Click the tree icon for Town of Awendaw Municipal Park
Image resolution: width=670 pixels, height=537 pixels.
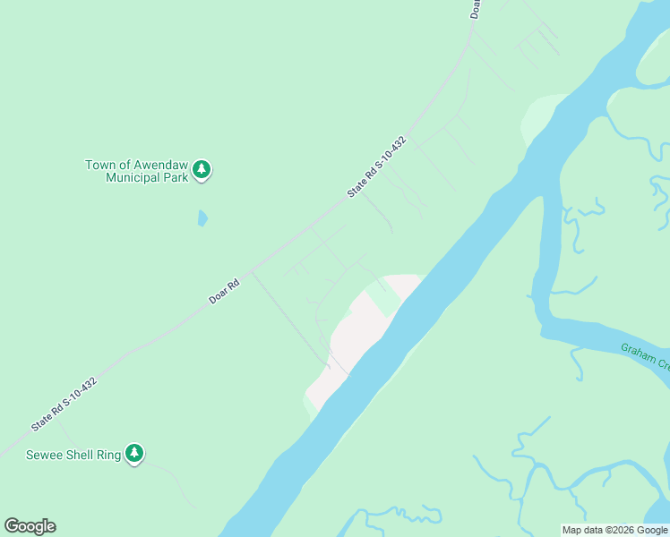pos(202,169)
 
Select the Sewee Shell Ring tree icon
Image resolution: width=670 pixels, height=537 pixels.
pos(134,454)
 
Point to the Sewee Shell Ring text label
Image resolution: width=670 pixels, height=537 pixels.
pos(61,455)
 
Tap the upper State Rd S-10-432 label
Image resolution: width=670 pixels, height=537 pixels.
pos(377,167)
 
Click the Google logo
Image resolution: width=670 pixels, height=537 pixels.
pos(30,526)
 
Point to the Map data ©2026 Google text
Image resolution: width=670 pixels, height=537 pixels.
pos(614,530)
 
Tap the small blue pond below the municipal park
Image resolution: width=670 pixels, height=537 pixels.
pos(202,217)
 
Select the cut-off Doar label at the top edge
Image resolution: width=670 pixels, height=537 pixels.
pos(476,8)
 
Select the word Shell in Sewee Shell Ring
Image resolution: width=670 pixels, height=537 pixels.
pos(77,455)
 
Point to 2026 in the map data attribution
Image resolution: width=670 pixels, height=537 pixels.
pos(619,530)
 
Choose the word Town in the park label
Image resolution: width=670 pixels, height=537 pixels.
pos(100,165)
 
